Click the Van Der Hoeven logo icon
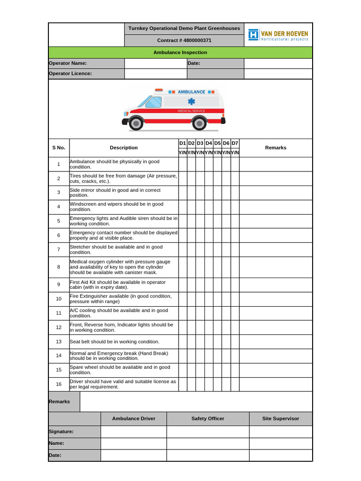click(x=254, y=35)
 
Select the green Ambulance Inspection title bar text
click(x=180, y=53)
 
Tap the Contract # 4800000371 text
click(x=184, y=40)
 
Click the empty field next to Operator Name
click(x=156, y=63)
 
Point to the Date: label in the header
click(x=194, y=63)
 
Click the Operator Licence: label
click(x=71, y=74)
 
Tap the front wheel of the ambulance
click(x=136, y=124)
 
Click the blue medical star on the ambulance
click(x=191, y=101)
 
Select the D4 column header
click(x=209, y=143)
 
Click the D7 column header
click(x=235, y=143)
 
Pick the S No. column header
click(x=59, y=148)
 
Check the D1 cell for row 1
click(x=182, y=164)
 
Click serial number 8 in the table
click(x=59, y=267)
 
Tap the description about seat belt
click(x=115, y=341)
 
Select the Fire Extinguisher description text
click(x=121, y=299)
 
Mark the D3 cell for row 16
click(x=200, y=384)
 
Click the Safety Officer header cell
click(x=208, y=419)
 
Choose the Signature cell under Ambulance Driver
click(x=133, y=432)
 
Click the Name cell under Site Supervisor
click(x=281, y=443)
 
